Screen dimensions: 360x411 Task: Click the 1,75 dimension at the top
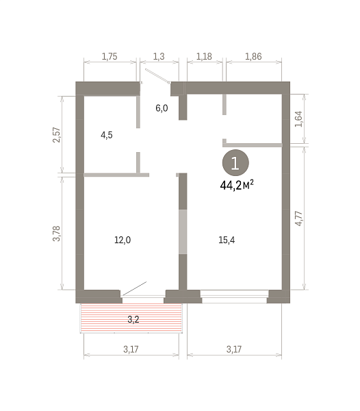pyautogui.click(x=110, y=56)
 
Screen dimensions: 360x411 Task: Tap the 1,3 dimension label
pyautogui.click(x=159, y=56)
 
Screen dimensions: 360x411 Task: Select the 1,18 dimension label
pyautogui.click(x=204, y=56)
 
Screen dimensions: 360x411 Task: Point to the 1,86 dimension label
pyautogui.click(x=253, y=56)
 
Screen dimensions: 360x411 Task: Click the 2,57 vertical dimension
pyautogui.click(x=57, y=135)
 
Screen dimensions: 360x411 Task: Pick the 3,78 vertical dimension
pyautogui.click(x=57, y=234)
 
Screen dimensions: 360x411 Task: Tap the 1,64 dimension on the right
pyautogui.click(x=298, y=119)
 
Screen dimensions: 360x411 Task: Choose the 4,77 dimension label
pyautogui.click(x=298, y=219)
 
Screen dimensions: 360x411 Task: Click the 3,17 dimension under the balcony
pyautogui.click(x=131, y=349)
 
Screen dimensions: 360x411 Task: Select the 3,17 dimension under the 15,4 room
pyautogui.click(x=234, y=349)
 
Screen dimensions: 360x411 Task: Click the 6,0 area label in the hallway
pyautogui.click(x=162, y=108)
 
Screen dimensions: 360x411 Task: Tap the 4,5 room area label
pyautogui.click(x=107, y=135)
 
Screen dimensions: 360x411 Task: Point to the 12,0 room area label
pyautogui.click(x=123, y=240)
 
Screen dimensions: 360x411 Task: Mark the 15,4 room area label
pyautogui.click(x=227, y=240)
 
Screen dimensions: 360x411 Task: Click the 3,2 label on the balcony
pyautogui.click(x=133, y=319)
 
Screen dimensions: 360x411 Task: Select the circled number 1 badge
pyautogui.click(x=235, y=163)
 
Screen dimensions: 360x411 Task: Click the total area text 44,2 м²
pyautogui.click(x=237, y=186)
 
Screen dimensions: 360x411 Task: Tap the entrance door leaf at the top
pyautogui.click(x=158, y=76)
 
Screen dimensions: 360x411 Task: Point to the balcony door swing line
pyautogui.click(x=134, y=288)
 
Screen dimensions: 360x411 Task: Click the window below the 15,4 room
pyautogui.click(x=235, y=297)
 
